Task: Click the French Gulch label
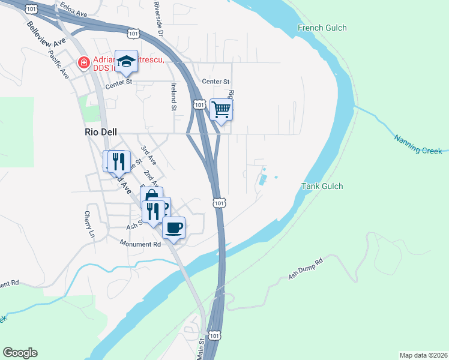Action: [x=322, y=28]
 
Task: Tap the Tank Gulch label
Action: [x=322, y=187]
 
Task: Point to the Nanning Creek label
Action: [x=418, y=144]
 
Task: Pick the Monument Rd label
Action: [x=140, y=244]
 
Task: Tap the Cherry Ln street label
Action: [x=89, y=224]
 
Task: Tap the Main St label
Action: [x=200, y=349]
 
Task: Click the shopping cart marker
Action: [x=221, y=109]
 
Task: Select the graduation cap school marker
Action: [x=126, y=61]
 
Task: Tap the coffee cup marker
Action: [x=173, y=227]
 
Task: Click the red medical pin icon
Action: [x=83, y=62]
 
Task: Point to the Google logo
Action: [x=20, y=353]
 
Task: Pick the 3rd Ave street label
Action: [x=148, y=155]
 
